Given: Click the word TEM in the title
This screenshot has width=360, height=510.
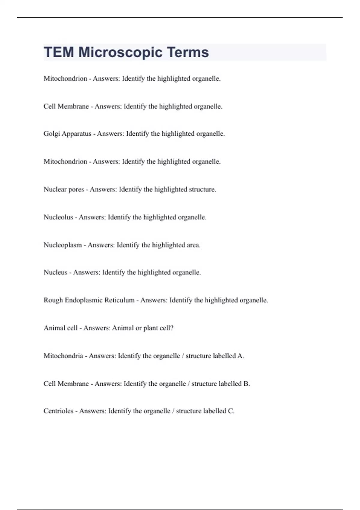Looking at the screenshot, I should point(59,52).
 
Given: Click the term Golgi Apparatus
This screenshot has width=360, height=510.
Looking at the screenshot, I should point(67,134).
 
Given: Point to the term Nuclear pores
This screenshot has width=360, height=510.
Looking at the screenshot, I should point(64,189).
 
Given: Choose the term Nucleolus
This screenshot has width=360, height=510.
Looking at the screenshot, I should point(58,217).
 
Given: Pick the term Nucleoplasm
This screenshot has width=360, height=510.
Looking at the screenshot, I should point(62,245).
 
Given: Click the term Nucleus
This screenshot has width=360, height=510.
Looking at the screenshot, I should point(55,272).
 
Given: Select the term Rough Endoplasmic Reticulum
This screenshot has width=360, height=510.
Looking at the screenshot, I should point(89,300).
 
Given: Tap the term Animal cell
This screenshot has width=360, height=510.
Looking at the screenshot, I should point(60,328).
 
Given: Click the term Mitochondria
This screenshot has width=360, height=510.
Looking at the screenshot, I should point(63,356).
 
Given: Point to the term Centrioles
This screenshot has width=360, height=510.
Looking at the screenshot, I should point(58,411).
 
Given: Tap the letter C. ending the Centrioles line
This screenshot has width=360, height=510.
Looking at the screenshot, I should point(231,411).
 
